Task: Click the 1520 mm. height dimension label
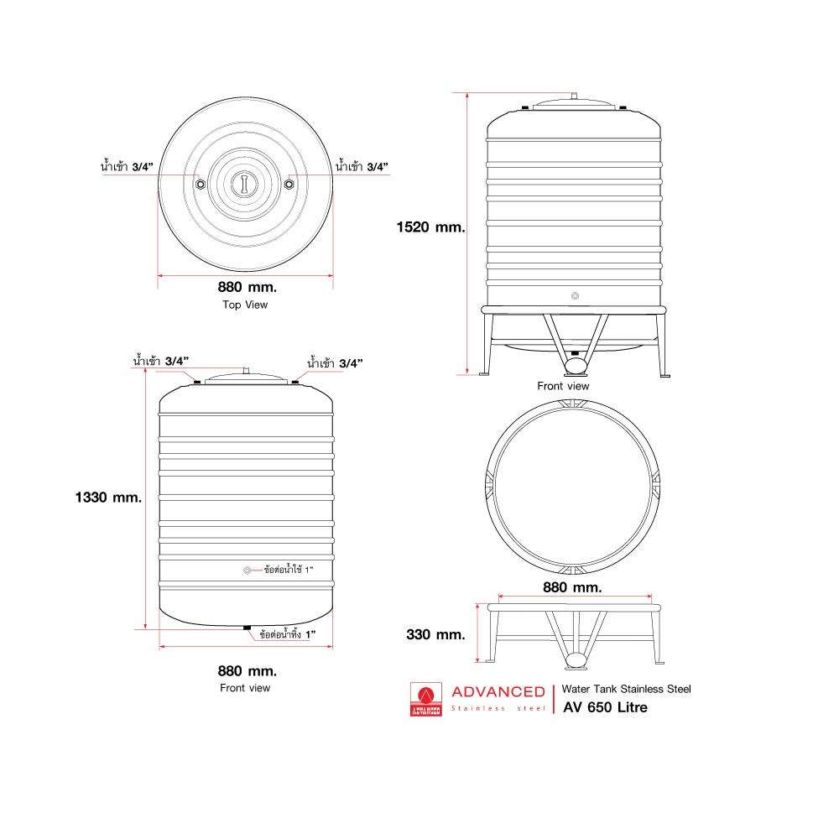[430, 227]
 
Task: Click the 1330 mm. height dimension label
[108, 498]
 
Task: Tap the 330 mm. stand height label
[435, 634]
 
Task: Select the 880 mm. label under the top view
[248, 287]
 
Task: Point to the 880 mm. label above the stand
[572, 587]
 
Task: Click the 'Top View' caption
[245, 305]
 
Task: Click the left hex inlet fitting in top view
[201, 185]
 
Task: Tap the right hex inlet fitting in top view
[289, 185]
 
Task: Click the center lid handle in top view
[244, 184]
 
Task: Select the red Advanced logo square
[426, 700]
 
